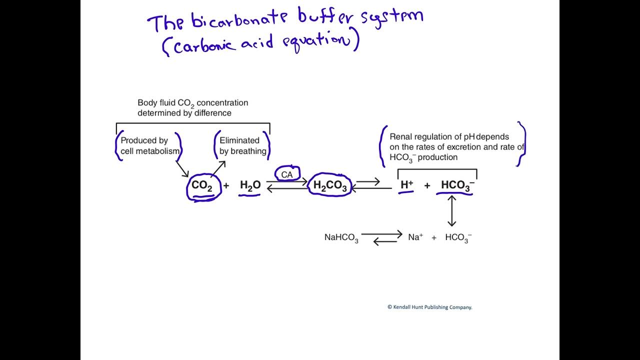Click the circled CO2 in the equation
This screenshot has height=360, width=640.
tap(202, 185)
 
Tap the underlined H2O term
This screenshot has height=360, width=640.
tap(250, 185)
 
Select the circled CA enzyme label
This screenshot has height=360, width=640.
tap(287, 174)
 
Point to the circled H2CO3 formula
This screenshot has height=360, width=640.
tap(330, 185)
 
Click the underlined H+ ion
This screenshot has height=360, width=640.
tap(406, 185)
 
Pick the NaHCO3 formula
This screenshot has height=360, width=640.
tap(341, 237)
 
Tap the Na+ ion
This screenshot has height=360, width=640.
tap(415, 237)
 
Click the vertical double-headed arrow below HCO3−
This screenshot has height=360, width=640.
tap(452, 210)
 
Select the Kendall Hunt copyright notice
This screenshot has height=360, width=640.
tap(429, 307)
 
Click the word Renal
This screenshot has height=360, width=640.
tap(401, 136)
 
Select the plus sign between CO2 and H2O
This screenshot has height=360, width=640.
tap(226, 185)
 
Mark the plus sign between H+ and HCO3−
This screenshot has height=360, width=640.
tap(427, 185)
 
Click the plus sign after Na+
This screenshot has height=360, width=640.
tap(434, 237)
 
